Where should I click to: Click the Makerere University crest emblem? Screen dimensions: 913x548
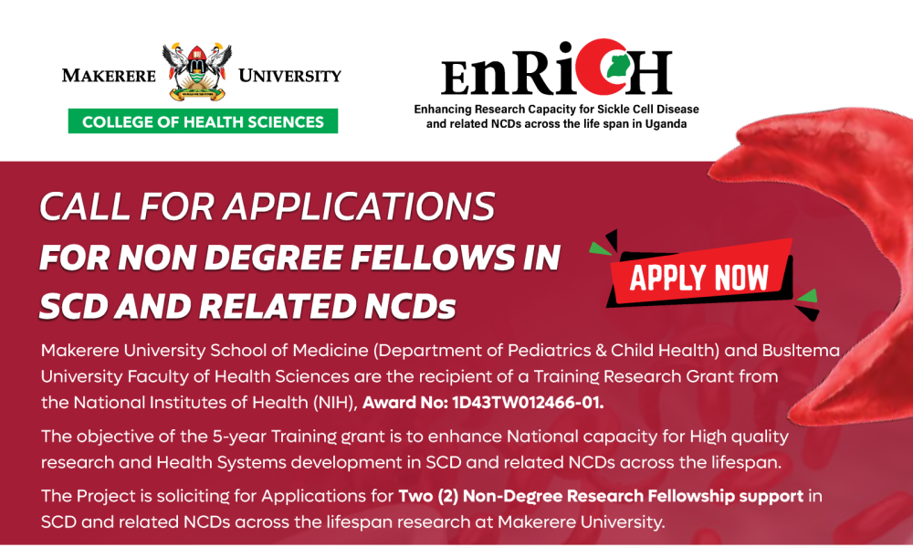click(197, 71)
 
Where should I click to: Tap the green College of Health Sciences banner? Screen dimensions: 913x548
click(203, 121)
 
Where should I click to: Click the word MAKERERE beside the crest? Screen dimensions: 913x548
click(109, 76)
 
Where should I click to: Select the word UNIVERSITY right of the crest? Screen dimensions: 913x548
click(289, 76)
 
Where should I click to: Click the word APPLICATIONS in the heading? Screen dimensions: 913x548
click(359, 206)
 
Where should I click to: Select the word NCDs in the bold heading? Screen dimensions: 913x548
click(410, 306)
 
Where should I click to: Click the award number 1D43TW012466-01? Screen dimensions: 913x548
click(528, 403)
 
